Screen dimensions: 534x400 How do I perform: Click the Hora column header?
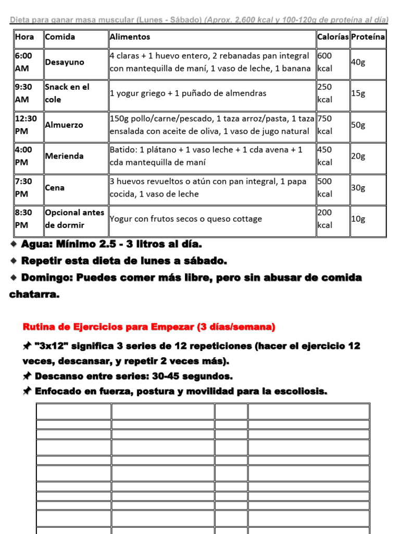24,37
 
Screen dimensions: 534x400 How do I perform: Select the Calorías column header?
332,37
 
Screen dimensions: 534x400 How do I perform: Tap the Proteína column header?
368,37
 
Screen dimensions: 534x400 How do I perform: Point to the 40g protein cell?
358,62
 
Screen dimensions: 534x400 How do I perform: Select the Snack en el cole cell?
67,93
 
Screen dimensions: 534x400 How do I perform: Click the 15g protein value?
358,93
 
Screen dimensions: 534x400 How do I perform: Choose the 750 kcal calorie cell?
325,125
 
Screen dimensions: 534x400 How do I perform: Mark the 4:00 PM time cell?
24,156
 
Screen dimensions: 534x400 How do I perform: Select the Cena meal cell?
55,188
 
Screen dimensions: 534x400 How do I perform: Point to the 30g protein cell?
358,188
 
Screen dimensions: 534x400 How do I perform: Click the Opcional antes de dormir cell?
74,219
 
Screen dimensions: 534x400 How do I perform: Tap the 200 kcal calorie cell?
325,219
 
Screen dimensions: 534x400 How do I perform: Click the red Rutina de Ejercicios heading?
148,327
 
